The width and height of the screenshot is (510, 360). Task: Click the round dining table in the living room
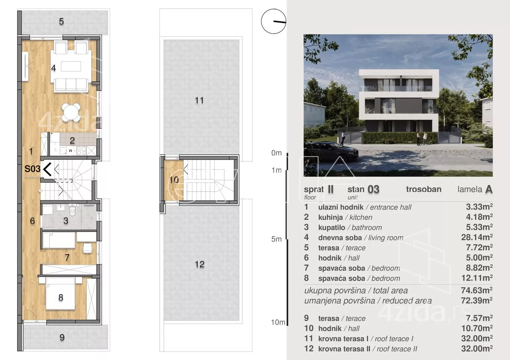(71, 112)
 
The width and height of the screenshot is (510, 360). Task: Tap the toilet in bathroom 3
(72, 211)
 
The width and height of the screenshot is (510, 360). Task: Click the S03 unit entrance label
(32, 169)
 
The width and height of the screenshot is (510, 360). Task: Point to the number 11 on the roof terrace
(199, 100)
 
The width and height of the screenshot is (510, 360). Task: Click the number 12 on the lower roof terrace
(200, 264)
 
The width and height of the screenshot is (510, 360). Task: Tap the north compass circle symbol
(273, 21)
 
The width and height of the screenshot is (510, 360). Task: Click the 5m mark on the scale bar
(276, 239)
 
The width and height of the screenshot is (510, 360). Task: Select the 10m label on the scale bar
(278, 322)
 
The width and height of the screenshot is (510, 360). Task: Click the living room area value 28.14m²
(477, 237)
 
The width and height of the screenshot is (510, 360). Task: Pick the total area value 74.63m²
(477, 290)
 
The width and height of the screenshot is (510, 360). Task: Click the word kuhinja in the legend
(330, 217)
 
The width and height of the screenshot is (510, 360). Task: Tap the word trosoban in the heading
(424, 189)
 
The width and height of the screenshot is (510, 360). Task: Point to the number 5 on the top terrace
(61, 21)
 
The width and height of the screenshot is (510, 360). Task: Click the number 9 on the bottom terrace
(62, 337)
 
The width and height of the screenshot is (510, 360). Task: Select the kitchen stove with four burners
(81, 150)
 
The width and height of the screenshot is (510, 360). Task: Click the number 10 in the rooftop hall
(174, 180)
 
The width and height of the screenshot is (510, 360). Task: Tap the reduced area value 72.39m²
(477, 300)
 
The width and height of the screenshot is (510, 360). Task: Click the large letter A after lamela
(489, 189)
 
